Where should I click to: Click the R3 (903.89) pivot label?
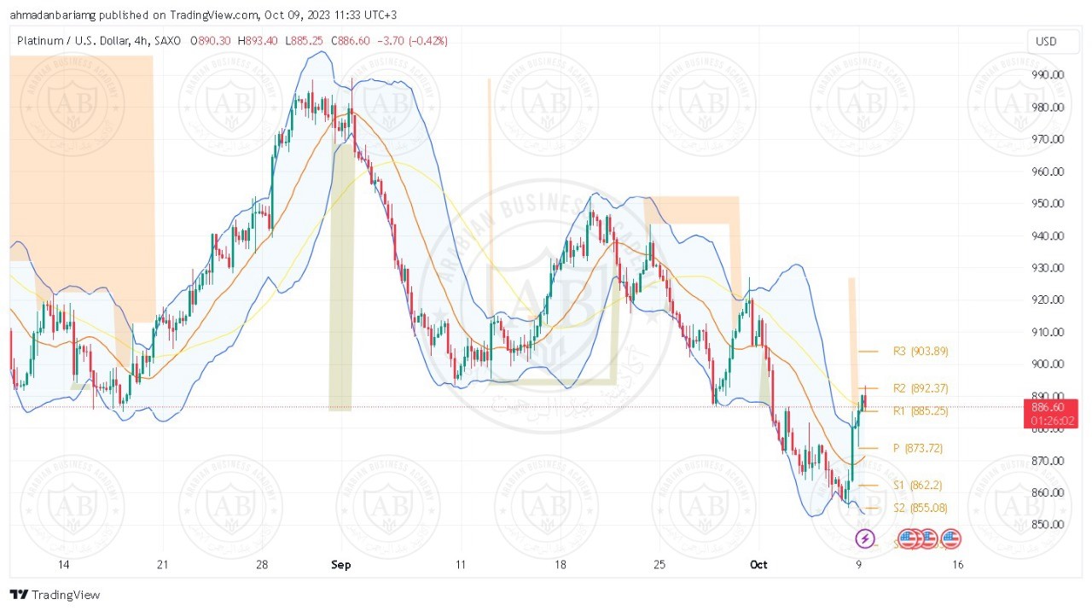pyautogui.click(x=921, y=351)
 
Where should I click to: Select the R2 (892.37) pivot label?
pyautogui.click(x=921, y=388)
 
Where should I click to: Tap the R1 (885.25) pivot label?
pyautogui.click(x=921, y=410)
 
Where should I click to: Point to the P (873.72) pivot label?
pyautogui.click(x=917, y=448)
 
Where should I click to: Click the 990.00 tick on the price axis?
pyautogui.click(x=1047, y=74)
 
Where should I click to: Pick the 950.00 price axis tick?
pyautogui.click(x=1047, y=203)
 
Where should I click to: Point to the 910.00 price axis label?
pyautogui.click(x=1047, y=332)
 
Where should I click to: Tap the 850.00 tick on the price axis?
pyautogui.click(x=1047, y=524)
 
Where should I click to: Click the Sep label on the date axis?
pyautogui.click(x=341, y=564)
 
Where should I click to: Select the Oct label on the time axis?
pyautogui.click(x=758, y=564)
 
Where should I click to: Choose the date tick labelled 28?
pyautogui.click(x=262, y=564)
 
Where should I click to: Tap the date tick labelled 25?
pyautogui.click(x=658, y=564)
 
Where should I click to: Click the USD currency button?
pyautogui.click(x=1045, y=41)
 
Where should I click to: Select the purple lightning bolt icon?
pyautogui.click(x=865, y=538)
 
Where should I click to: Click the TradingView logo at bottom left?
pyautogui.click(x=55, y=594)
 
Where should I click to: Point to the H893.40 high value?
pyautogui.click(x=260, y=41)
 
